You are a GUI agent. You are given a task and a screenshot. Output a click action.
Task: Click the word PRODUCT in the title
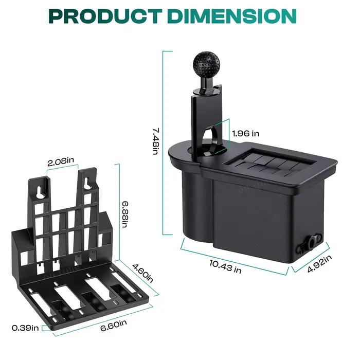(105, 16)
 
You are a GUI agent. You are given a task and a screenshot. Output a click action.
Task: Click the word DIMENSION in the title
(232, 16)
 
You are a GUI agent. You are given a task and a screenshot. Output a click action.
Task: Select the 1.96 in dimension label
(245, 133)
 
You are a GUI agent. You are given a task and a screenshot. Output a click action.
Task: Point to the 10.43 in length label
(225, 266)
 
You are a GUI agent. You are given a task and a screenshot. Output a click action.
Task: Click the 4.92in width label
(319, 263)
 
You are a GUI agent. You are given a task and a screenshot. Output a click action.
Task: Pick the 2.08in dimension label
(61, 161)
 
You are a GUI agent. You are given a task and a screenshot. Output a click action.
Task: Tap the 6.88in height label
(125, 214)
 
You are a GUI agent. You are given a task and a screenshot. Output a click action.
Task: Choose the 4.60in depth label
(142, 273)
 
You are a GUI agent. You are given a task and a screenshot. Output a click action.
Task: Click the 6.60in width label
(114, 326)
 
